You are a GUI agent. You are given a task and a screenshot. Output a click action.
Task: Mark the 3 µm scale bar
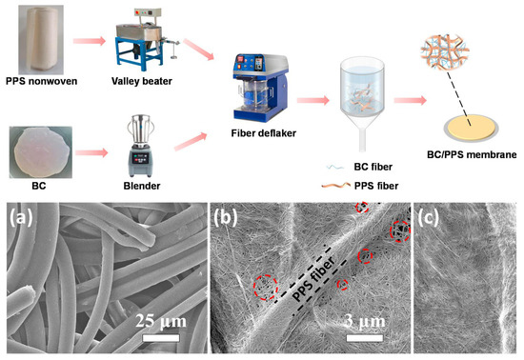pos(365,335)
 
